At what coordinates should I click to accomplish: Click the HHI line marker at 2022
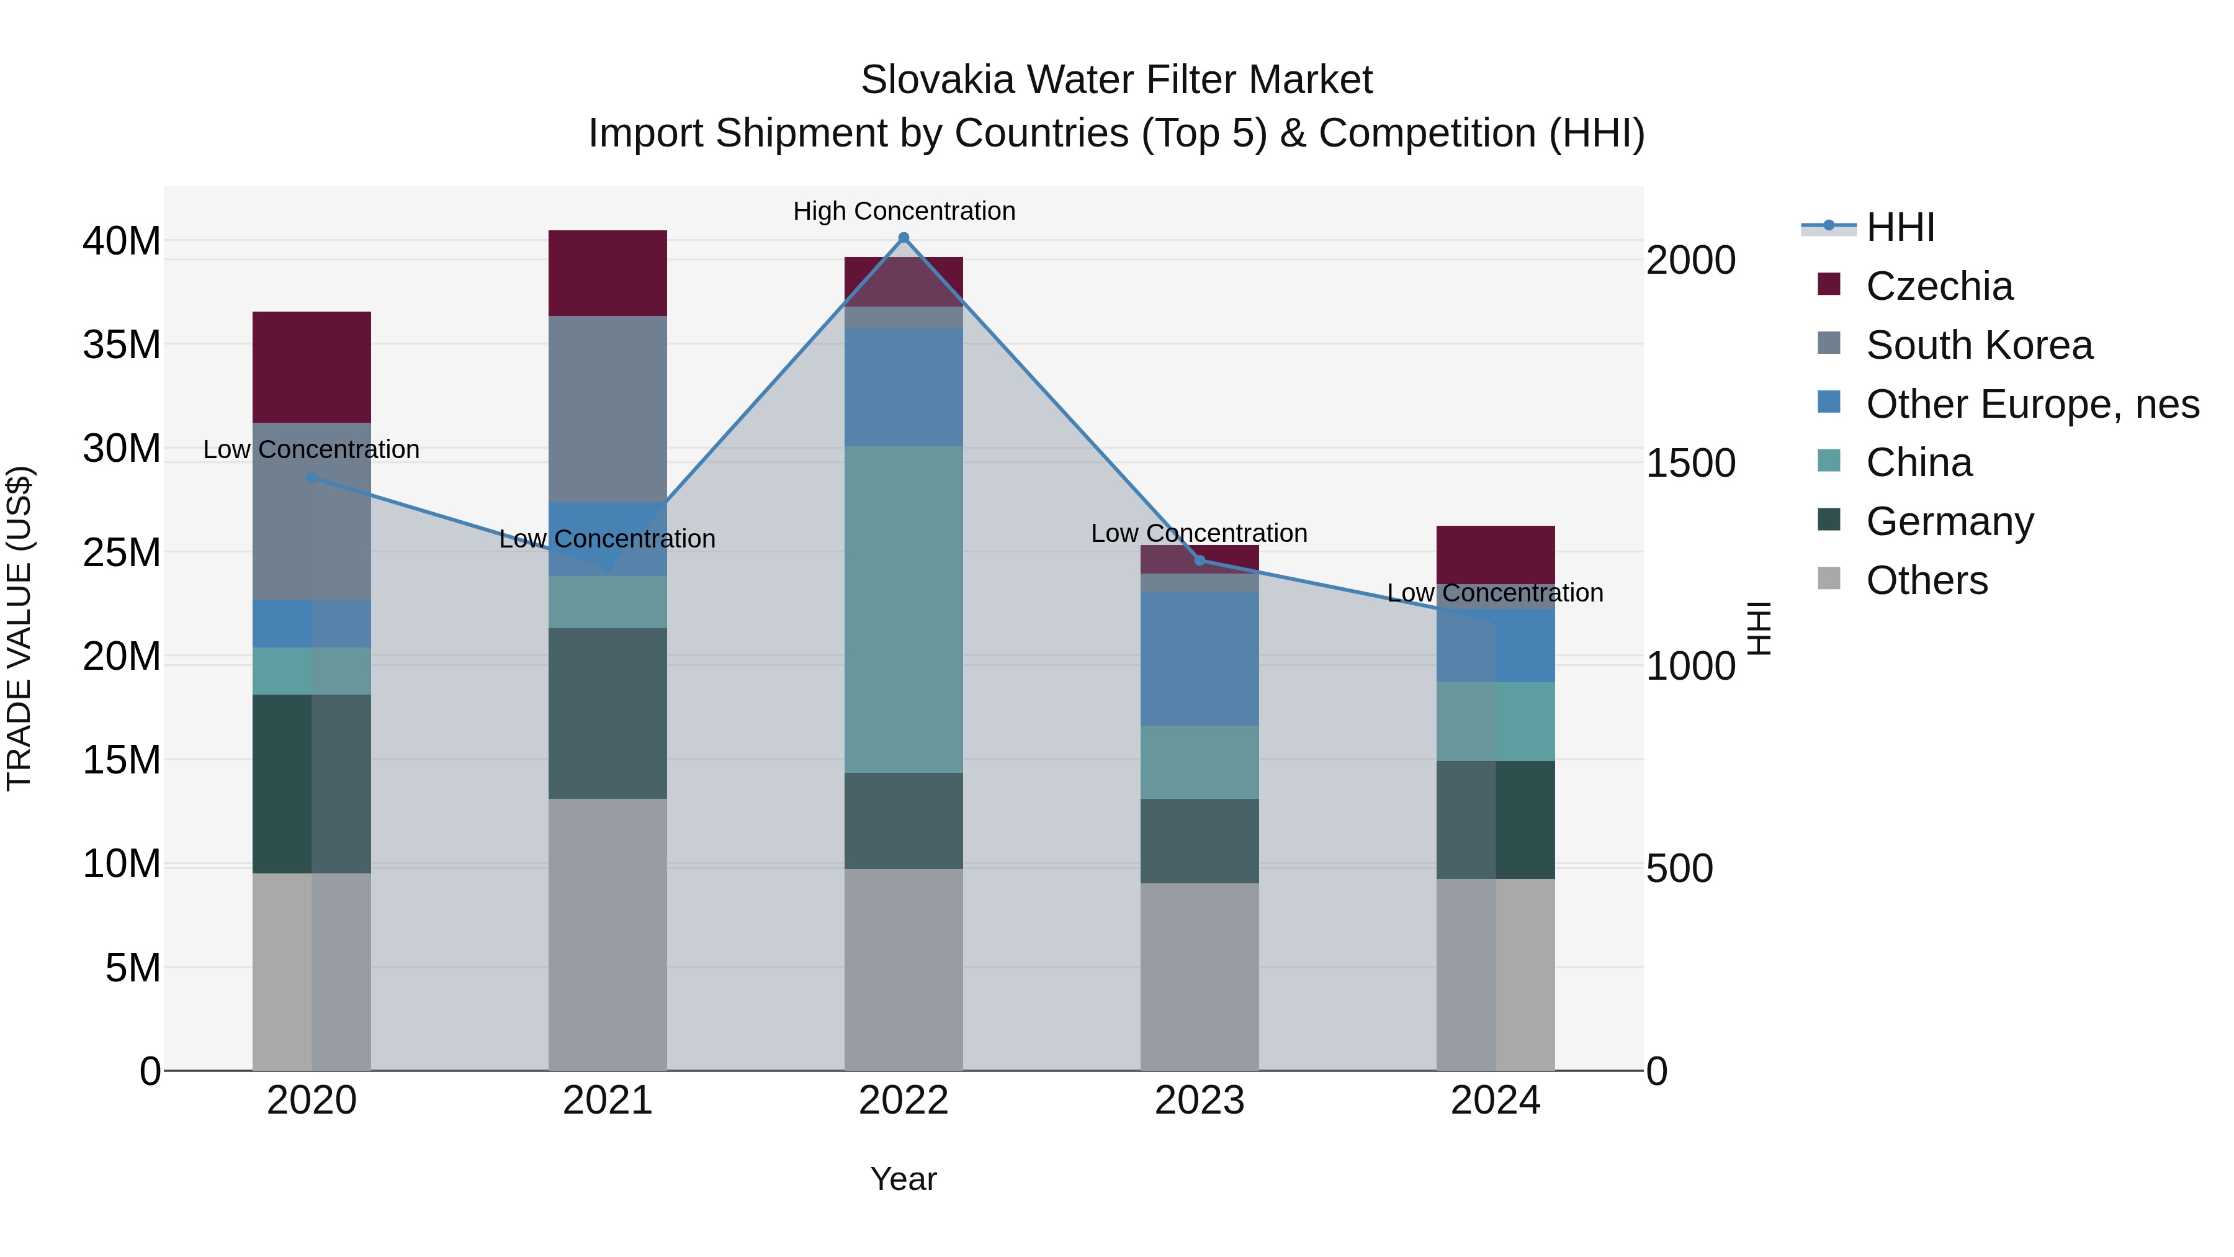(x=903, y=238)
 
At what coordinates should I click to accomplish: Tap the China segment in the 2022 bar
(x=903, y=609)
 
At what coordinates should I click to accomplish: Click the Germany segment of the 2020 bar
(x=312, y=783)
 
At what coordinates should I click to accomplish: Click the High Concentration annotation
(x=904, y=211)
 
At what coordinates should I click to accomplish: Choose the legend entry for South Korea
(x=1978, y=345)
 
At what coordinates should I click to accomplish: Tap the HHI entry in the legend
(x=1900, y=227)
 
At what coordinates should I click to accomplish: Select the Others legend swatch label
(x=1926, y=580)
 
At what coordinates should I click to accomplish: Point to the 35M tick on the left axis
(x=122, y=345)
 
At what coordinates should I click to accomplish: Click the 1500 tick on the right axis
(x=1690, y=463)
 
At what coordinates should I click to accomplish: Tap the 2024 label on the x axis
(x=1494, y=1101)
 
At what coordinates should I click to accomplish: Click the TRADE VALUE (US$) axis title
(x=19, y=628)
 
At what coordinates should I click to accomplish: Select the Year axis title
(x=903, y=1179)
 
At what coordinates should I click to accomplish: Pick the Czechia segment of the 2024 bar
(x=1494, y=554)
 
